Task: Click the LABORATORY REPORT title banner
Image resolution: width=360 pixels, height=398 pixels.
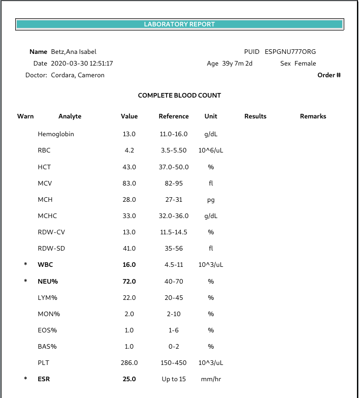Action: click(x=179, y=24)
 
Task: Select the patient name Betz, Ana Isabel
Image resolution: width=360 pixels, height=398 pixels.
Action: click(x=74, y=52)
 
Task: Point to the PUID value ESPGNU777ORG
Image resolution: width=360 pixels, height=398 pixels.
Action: click(x=290, y=52)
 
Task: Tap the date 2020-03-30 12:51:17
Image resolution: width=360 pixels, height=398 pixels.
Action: click(x=82, y=64)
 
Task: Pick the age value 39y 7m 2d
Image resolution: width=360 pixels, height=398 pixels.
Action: click(x=237, y=64)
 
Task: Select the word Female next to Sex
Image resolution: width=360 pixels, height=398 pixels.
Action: click(x=305, y=64)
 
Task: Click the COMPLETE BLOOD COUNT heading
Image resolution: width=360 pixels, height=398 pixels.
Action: click(x=179, y=96)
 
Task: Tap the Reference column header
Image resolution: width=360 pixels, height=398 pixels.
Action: click(x=174, y=116)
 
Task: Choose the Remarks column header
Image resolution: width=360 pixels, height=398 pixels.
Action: click(x=313, y=116)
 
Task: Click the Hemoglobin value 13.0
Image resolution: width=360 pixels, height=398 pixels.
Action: click(x=129, y=135)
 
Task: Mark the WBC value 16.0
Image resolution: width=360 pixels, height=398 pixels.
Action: click(x=129, y=265)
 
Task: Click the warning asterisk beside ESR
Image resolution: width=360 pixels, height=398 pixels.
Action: click(x=25, y=379)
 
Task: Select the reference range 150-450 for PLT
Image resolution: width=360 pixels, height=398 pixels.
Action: click(x=174, y=363)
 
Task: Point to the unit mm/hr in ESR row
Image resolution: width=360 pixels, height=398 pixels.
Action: click(x=211, y=379)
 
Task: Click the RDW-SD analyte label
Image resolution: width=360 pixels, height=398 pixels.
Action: click(x=51, y=249)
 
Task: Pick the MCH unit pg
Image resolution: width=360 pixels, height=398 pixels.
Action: click(x=211, y=200)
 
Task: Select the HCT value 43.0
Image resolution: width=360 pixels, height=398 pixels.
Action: click(x=129, y=167)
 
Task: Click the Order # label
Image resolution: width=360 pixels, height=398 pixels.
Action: click(x=329, y=75)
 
